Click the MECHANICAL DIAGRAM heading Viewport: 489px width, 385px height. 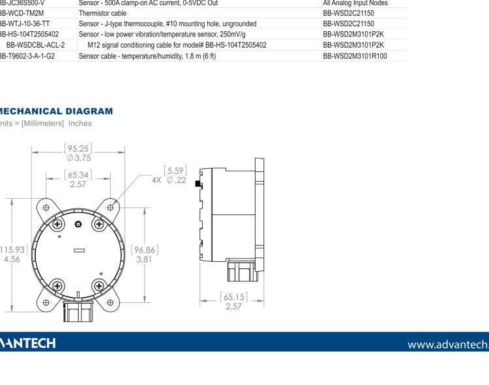(x=57, y=112)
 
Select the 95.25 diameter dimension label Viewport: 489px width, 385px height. (x=79, y=152)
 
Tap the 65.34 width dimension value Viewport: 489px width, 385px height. (x=79, y=179)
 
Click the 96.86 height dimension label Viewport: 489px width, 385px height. (x=145, y=254)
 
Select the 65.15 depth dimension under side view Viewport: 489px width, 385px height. (x=233, y=302)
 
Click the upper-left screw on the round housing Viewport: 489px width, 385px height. (x=58, y=224)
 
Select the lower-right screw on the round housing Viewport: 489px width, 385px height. (x=99, y=285)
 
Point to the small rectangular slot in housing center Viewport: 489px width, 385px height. (x=79, y=250)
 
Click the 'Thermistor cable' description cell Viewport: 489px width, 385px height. (x=104, y=13)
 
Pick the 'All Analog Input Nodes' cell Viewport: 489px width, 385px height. (x=355, y=3)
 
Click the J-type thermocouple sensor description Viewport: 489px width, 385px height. (x=168, y=23)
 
